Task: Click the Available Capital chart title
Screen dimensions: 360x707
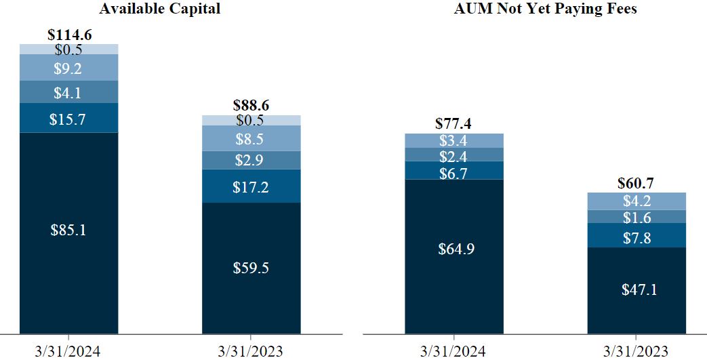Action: (x=159, y=9)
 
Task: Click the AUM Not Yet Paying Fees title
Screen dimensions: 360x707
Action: (x=545, y=9)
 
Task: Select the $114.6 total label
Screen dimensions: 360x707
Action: (x=68, y=35)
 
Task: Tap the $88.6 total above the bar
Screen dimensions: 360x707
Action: (x=251, y=106)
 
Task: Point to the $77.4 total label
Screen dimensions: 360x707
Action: (x=453, y=124)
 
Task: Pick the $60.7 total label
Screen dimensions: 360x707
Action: (x=636, y=183)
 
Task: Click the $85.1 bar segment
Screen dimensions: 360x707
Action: (x=68, y=231)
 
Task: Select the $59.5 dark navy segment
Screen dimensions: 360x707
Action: (x=251, y=268)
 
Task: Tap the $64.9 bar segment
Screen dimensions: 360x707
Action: (x=453, y=249)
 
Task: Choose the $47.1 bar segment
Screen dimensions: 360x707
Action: (x=636, y=289)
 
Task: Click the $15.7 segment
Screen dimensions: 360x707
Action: (x=68, y=119)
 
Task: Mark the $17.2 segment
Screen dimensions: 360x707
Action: (x=251, y=186)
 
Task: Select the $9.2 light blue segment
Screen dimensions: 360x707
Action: (x=68, y=68)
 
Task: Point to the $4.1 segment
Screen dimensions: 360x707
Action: (x=68, y=92)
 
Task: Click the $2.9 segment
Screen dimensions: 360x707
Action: (x=251, y=161)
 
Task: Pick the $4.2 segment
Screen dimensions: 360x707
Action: (x=636, y=201)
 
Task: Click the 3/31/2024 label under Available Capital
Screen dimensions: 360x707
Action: (x=68, y=351)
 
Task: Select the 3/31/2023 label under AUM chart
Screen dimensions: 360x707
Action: (x=636, y=351)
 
